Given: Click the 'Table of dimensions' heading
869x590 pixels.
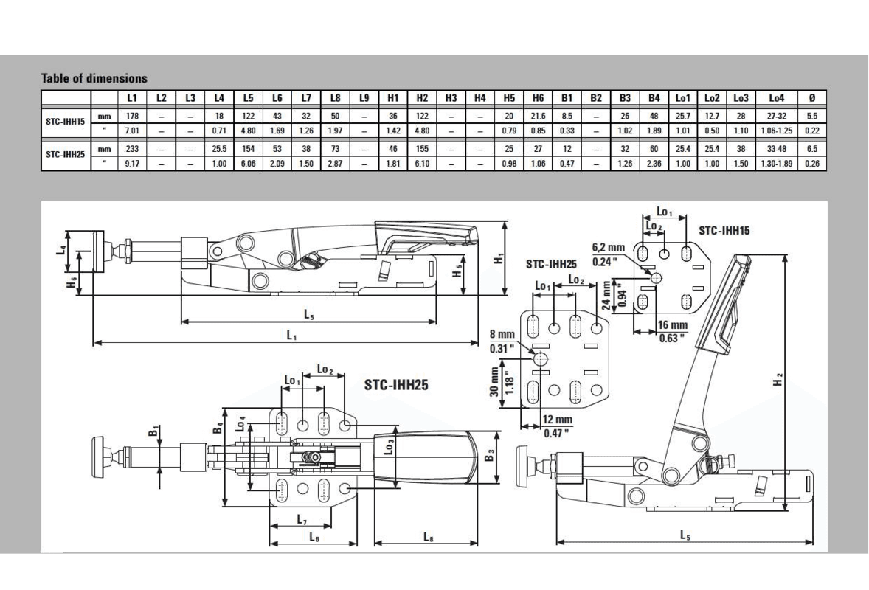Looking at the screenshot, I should [x=94, y=78].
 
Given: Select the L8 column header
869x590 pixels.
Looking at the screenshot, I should [x=335, y=97].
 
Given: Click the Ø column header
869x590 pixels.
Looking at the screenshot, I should [x=811, y=97].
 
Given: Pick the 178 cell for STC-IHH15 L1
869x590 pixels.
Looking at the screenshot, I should [x=133, y=116].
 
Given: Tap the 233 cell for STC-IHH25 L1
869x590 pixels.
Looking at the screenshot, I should [x=133, y=149].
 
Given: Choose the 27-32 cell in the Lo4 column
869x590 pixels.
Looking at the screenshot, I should [x=777, y=116].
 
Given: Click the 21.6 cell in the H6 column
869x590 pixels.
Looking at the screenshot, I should [x=538, y=116].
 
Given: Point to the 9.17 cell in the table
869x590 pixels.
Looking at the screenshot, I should [x=133, y=163].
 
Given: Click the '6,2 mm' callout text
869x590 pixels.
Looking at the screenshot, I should [x=609, y=247].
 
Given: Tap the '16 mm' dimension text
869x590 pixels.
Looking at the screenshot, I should [x=672, y=325].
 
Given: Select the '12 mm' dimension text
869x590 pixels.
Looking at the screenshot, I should [x=558, y=420].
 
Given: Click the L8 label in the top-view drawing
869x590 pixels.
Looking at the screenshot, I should [x=428, y=537].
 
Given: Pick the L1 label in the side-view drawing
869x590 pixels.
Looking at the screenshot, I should [x=291, y=336].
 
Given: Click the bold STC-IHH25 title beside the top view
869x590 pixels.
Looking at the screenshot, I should [x=396, y=384].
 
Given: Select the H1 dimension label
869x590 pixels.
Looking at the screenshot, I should [x=499, y=258].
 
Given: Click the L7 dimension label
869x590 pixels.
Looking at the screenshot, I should [x=302, y=520].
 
